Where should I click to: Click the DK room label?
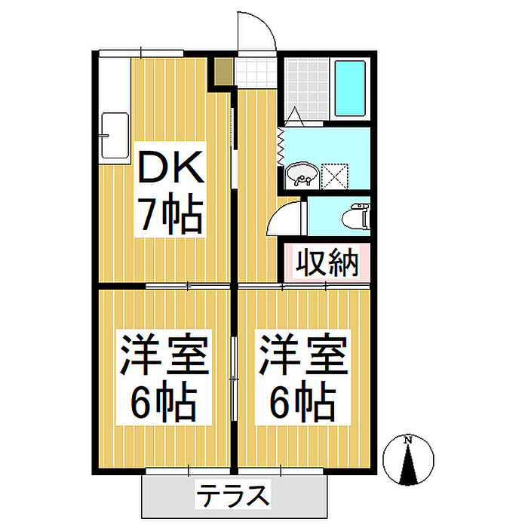[171, 167]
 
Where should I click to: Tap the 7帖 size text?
[172, 213]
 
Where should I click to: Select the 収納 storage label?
[327, 262]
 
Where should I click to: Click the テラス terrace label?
[233, 495]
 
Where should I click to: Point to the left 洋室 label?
[164, 354]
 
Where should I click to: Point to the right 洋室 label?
[303, 354]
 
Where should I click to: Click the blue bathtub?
[350, 88]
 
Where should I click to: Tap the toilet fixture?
[356, 217]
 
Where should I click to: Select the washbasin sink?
[302, 174]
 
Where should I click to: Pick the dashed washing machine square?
[335, 176]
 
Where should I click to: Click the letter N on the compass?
[408, 440]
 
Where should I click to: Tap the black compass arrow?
[409, 465]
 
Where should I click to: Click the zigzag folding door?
[280, 146]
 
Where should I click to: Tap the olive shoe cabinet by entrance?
[224, 72]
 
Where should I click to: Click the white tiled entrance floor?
[256, 72]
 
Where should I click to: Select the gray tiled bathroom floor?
[306, 89]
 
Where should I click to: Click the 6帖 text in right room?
[303, 401]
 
